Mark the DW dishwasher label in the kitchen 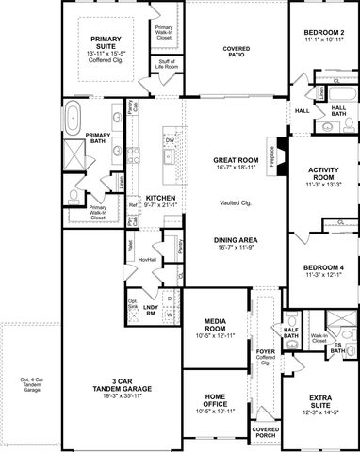(x=170, y=141)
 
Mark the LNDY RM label (x=150, y=310)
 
